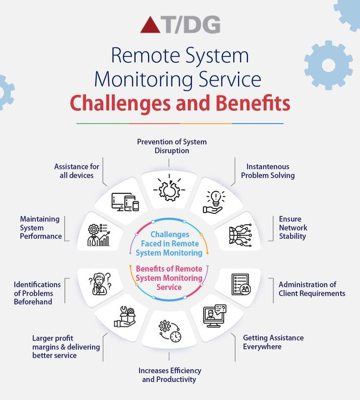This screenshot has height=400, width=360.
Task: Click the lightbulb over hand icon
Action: [215, 202]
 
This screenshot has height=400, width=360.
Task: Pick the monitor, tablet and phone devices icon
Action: [125, 202]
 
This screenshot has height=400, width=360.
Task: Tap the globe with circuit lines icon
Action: [240, 235]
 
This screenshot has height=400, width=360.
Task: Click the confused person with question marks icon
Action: [100, 283]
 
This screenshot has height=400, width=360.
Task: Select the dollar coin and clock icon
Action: [169, 331]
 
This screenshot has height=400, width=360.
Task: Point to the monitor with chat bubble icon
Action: [215, 316]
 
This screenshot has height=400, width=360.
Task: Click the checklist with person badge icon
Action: [240, 284]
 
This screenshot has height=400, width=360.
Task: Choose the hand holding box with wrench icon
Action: [124, 316]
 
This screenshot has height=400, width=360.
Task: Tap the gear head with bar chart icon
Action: [98, 235]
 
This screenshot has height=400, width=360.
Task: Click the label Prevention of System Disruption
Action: [171, 146]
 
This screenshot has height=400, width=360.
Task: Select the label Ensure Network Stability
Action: [293, 228]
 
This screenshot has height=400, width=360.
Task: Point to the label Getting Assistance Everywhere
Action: [273, 342]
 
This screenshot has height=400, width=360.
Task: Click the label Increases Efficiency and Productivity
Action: [169, 375]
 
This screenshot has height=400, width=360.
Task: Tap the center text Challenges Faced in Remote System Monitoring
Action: [169, 244]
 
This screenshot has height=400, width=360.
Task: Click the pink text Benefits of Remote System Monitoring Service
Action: [169, 278]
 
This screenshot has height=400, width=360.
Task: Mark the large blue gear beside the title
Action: [328, 65]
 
